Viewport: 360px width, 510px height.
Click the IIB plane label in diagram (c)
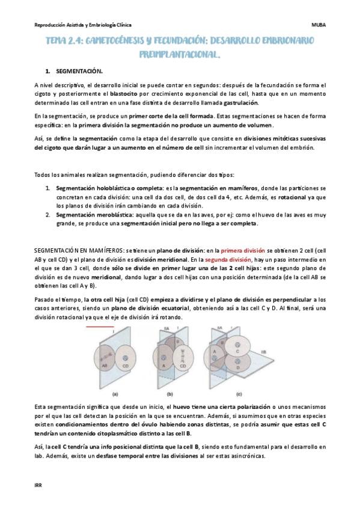click(x=263, y=352)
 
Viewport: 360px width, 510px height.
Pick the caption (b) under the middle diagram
click(x=169, y=394)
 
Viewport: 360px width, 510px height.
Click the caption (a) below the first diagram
click(x=115, y=394)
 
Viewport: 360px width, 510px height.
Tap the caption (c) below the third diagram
click(x=239, y=394)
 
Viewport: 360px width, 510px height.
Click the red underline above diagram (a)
click(x=100, y=326)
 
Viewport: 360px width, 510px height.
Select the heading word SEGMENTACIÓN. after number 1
click(x=79, y=71)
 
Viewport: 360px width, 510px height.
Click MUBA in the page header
click(x=319, y=25)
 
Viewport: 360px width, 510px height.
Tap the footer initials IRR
click(x=38, y=485)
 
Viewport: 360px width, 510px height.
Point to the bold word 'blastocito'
click(x=123, y=94)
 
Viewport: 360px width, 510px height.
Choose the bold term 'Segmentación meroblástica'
click(x=95, y=215)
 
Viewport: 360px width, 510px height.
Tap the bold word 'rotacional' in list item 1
click(x=292, y=197)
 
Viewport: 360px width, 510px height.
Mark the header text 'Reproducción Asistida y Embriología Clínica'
click(x=83, y=25)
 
